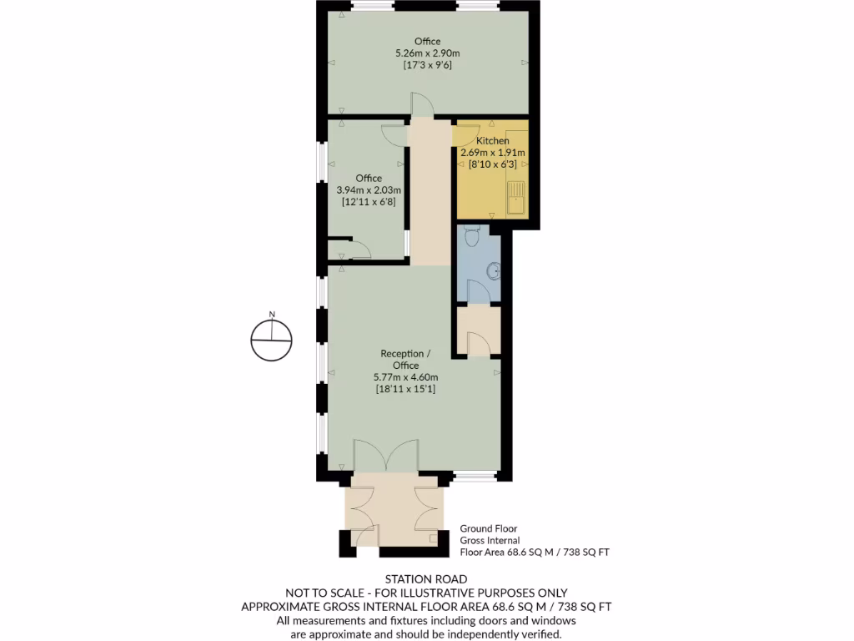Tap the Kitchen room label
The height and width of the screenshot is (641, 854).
[492, 141]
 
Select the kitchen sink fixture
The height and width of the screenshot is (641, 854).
[515, 199]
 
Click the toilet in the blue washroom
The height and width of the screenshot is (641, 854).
[471, 237]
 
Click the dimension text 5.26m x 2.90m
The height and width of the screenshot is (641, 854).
[427, 53]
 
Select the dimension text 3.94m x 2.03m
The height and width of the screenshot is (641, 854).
[369, 190]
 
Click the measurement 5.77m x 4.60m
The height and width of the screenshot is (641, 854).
[406, 377]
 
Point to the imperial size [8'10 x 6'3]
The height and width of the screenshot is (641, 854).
[492, 164]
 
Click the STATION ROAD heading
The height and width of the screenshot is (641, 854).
[426, 578]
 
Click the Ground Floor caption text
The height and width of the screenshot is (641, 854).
[489, 529]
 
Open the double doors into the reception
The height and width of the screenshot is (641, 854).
[384, 457]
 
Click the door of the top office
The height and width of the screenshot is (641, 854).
[422, 107]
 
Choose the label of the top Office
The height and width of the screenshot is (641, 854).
[427, 42]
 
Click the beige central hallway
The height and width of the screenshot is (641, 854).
[430, 192]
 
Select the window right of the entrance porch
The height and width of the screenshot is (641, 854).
[475, 477]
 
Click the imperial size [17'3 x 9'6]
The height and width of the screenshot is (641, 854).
[427, 65]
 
